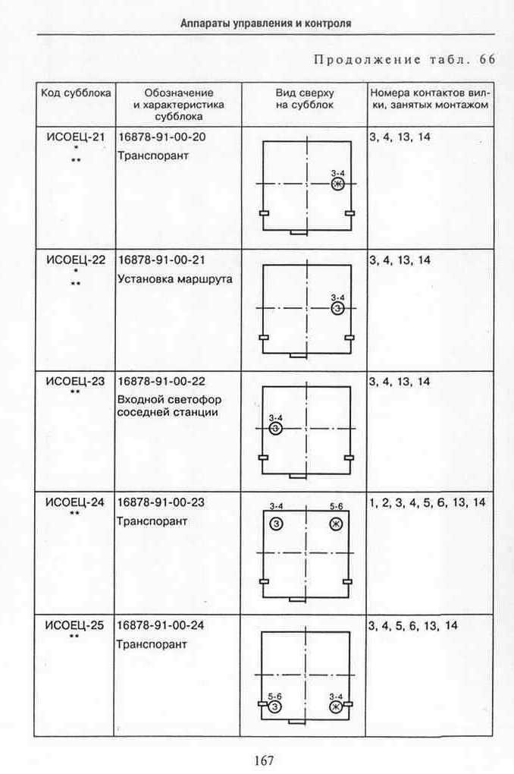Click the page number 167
[x=264, y=760]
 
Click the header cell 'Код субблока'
[x=76, y=93]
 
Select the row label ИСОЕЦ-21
[x=76, y=137]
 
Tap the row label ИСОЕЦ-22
[x=76, y=260]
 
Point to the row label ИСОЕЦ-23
[x=76, y=382]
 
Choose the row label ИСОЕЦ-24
[x=75, y=502]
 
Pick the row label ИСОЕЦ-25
[x=74, y=625]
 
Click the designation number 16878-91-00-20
[x=161, y=137]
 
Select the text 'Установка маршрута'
[x=174, y=279]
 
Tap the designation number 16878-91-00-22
[x=161, y=382]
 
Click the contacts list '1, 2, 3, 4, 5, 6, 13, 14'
[x=427, y=503]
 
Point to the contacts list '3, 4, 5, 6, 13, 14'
[x=413, y=626]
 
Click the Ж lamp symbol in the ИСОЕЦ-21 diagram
[x=338, y=184]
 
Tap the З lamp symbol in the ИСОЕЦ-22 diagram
[x=337, y=309]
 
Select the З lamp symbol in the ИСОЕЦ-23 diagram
[x=276, y=429]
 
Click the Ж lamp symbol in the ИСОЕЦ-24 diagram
[x=337, y=524]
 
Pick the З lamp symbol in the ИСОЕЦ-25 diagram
[x=274, y=707]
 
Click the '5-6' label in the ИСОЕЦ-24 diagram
[x=337, y=506]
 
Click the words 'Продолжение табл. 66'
[x=405, y=60]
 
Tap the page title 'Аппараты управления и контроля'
[x=266, y=24]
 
